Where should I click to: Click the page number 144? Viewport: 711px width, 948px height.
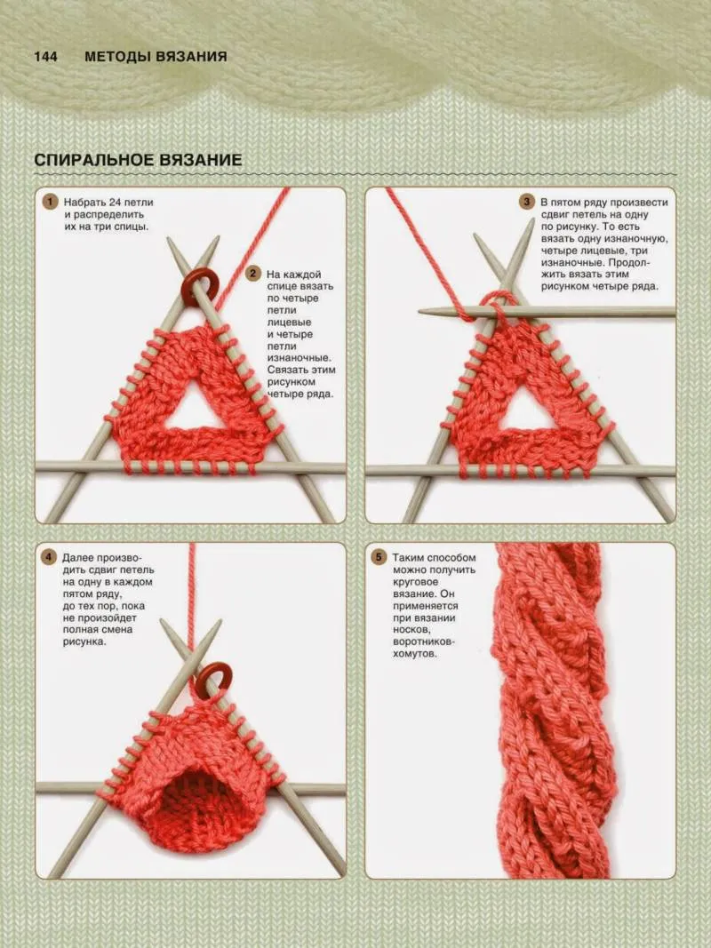[x=45, y=57]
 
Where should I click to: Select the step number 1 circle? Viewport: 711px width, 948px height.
[x=50, y=202]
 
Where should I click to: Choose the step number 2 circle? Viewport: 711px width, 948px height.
[x=253, y=274]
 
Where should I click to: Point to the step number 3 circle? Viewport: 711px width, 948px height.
[x=527, y=202]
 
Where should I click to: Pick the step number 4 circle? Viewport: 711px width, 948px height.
[x=48, y=557]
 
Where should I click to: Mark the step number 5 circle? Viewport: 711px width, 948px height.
[x=379, y=557]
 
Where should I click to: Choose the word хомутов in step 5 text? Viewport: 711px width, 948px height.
[x=413, y=654]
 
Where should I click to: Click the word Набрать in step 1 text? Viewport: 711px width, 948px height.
[x=84, y=202]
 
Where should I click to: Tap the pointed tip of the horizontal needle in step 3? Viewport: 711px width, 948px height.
[x=419, y=312]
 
